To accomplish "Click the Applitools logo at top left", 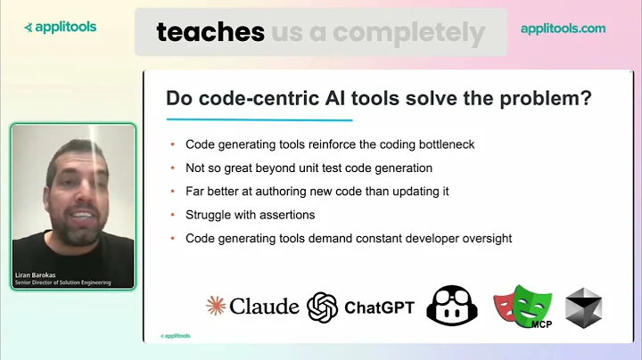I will pos(60,27).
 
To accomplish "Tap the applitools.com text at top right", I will pos(563,29).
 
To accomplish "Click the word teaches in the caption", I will pos(210,32).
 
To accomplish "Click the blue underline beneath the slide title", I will pos(259,119).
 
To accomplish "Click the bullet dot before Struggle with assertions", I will pos(172,215).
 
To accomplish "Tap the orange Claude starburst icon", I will pos(216,306).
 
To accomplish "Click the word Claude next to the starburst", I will pos(264,306).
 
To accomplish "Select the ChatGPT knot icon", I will pos(322,307).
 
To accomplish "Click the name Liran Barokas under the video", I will pos(38,274).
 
